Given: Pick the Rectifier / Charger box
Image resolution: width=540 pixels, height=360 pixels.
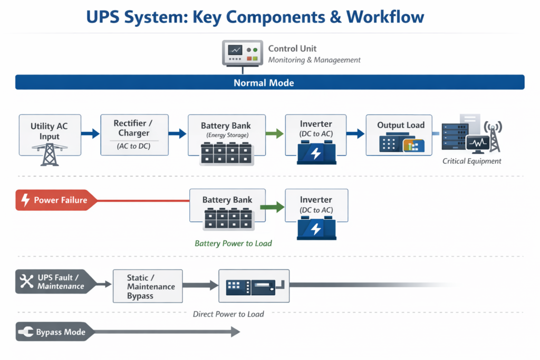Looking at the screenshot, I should (134, 134).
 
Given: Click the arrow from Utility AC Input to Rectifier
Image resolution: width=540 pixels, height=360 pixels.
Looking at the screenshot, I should (91, 134).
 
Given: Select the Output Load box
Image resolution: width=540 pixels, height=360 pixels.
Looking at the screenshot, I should (399, 135).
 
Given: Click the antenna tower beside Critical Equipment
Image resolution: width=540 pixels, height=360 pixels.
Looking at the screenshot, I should (494, 136).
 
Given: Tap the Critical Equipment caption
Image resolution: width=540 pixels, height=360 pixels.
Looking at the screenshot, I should (472, 161).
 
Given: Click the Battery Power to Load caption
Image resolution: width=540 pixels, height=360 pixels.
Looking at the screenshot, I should (233, 244).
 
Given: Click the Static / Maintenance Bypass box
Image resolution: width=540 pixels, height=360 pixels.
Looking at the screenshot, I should (148, 286).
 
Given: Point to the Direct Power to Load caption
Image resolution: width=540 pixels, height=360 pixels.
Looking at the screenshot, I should (228, 314).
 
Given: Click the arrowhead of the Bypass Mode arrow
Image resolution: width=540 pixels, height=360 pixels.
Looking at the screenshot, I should (235, 332).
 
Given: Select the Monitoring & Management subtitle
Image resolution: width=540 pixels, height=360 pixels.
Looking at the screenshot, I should (314, 60).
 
